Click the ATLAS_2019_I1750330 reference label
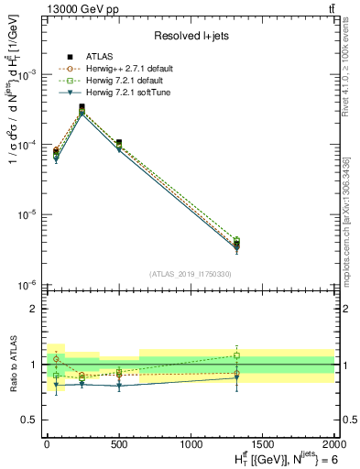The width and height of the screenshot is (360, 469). [x=190, y=274]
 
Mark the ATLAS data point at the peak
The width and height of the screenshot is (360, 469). [x=82, y=107]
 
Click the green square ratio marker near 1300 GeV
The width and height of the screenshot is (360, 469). [x=236, y=354]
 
